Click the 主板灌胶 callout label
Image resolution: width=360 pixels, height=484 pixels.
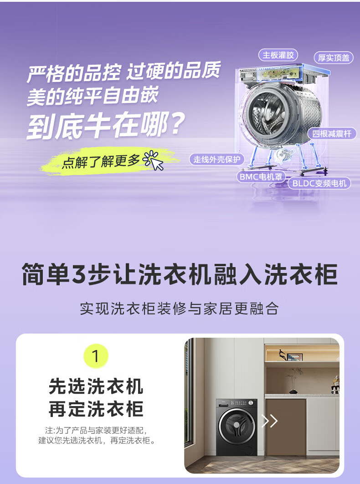(x=278, y=55)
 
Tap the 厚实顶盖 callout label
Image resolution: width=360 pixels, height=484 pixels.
(x=334, y=58)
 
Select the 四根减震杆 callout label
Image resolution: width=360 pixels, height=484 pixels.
(x=332, y=134)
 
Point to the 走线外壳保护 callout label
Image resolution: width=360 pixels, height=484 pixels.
(x=216, y=159)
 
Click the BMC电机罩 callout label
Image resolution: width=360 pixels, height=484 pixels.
(x=261, y=176)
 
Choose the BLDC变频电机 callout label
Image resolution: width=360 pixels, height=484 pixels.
(x=319, y=183)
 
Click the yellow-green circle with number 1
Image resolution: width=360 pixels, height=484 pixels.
(x=96, y=356)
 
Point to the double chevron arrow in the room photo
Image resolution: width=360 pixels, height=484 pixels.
(x=269, y=421)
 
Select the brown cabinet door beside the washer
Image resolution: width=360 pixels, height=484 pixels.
(x=286, y=427)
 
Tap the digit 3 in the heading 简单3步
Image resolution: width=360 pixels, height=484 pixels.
(x=79, y=274)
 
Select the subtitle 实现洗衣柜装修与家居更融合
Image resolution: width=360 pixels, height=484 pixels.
(x=179, y=309)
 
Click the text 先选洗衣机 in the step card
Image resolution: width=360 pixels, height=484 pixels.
(x=96, y=386)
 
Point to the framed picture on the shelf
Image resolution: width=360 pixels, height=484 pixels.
(x=294, y=357)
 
